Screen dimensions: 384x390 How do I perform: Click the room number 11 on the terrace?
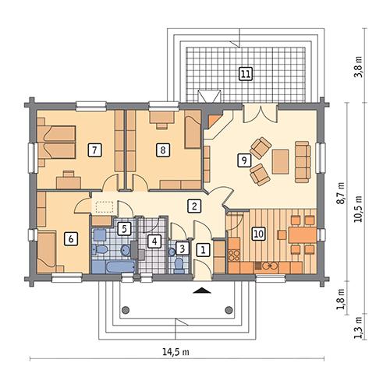[x=246, y=74]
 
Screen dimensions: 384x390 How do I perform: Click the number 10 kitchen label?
[x=259, y=232]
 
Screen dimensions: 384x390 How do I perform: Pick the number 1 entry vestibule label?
[x=203, y=250]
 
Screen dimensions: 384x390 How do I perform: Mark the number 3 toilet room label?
[x=181, y=248]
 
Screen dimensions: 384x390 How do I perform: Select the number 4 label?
[x=154, y=241]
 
